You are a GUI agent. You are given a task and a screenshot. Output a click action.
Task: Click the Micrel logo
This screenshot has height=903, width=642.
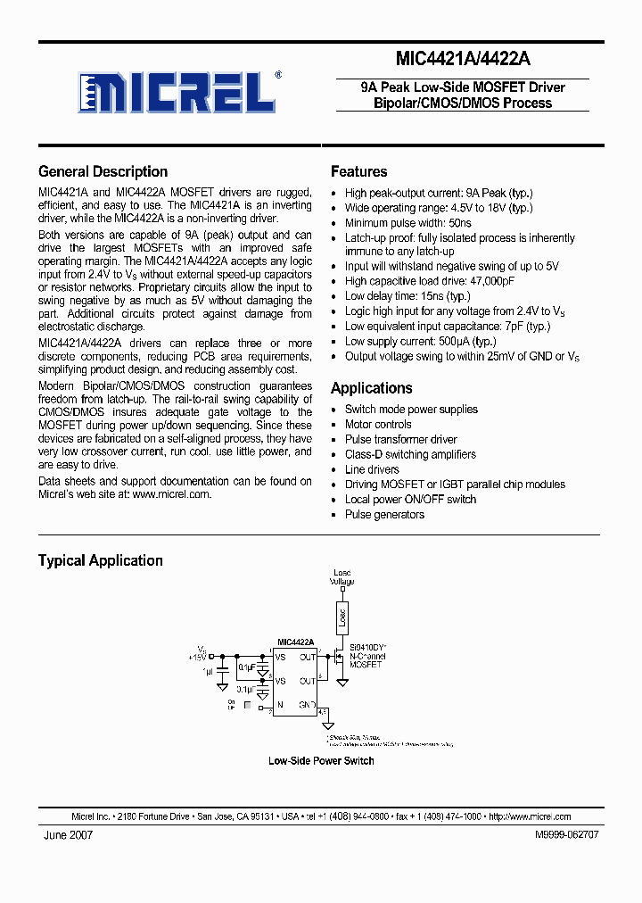[x=179, y=91]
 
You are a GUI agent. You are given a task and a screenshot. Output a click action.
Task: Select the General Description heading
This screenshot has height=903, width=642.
[x=103, y=171]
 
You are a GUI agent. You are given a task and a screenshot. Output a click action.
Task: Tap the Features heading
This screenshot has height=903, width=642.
[x=358, y=171]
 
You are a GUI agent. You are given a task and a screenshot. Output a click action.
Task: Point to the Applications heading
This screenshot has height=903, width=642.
[x=371, y=388]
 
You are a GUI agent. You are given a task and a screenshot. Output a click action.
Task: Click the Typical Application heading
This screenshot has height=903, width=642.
[x=100, y=560]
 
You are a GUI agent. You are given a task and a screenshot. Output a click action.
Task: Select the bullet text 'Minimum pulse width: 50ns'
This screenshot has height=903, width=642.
[x=408, y=223]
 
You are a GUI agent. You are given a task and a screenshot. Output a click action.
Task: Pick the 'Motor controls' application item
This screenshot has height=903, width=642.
[x=378, y=425]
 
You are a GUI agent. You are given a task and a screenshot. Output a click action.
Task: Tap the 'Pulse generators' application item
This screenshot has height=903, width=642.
[x=384, y=515]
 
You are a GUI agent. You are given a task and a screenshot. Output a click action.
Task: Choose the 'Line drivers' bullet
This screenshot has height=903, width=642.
[x=372, y=469]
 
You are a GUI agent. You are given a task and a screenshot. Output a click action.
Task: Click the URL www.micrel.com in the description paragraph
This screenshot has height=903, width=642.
[x=171, y=493]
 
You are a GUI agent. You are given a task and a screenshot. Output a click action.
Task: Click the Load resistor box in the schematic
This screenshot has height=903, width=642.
[x=342, y=617]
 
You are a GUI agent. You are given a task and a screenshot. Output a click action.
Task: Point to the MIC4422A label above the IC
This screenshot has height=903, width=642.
[x=296, y=642]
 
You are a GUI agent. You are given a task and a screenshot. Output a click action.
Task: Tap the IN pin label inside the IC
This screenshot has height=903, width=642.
[x=279, y=705]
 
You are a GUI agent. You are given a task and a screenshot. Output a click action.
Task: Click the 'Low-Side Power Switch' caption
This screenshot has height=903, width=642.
[x=321, y=761]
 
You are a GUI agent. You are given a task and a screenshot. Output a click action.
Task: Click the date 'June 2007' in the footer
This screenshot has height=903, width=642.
[x=68, y=834]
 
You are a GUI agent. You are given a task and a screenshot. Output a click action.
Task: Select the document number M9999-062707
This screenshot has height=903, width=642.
[x=566, y=834]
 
